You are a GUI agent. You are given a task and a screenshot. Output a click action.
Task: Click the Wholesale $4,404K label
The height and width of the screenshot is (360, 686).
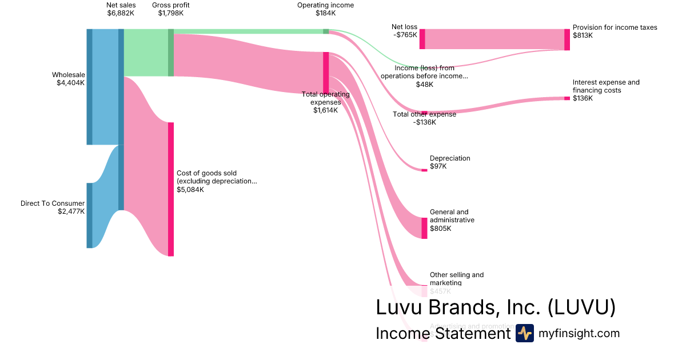(x=68, y=79)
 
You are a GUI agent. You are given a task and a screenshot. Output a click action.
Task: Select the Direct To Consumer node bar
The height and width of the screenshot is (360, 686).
(x=89, y=215)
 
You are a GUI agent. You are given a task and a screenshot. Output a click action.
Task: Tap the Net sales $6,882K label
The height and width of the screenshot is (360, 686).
(x=121, y=9)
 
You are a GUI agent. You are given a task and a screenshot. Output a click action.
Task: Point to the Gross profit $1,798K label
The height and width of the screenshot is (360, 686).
(x=171, y=9)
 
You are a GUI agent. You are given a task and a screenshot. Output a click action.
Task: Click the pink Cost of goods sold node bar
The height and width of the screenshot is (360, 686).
(x=170, y=189)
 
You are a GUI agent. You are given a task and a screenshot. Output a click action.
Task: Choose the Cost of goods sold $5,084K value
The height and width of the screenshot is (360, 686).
(x=190, y=190)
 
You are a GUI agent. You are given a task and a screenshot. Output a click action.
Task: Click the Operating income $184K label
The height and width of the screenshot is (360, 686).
(x=325, y=9)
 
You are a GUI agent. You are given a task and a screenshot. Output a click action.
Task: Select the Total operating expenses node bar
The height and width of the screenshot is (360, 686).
(x=326, y=72)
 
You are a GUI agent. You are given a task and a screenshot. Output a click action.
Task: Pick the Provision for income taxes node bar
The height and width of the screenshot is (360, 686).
(x=567, y=39)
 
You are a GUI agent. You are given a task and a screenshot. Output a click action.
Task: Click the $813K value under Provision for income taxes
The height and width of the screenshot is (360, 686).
(x=583, y=35)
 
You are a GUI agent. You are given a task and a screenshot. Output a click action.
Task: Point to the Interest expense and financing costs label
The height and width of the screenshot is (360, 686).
(x=606, y=86)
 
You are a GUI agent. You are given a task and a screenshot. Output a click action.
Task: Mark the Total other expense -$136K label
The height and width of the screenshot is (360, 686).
(x=424, y=118)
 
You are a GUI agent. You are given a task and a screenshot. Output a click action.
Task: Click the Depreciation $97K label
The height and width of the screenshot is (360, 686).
(x=450, y=162)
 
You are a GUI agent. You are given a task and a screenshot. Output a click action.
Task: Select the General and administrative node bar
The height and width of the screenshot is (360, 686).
(x=424, y=228)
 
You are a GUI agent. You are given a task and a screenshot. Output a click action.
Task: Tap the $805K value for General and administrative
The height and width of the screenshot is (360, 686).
(x=441, y=229)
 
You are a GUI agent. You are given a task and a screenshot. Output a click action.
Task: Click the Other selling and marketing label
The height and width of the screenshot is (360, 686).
(x=456, y=278)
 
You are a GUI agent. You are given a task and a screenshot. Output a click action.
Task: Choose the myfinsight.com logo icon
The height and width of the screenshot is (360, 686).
(x=524, y=333)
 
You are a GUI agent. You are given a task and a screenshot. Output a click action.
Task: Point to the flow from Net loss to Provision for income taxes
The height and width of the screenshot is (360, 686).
(x=494, y=39)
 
